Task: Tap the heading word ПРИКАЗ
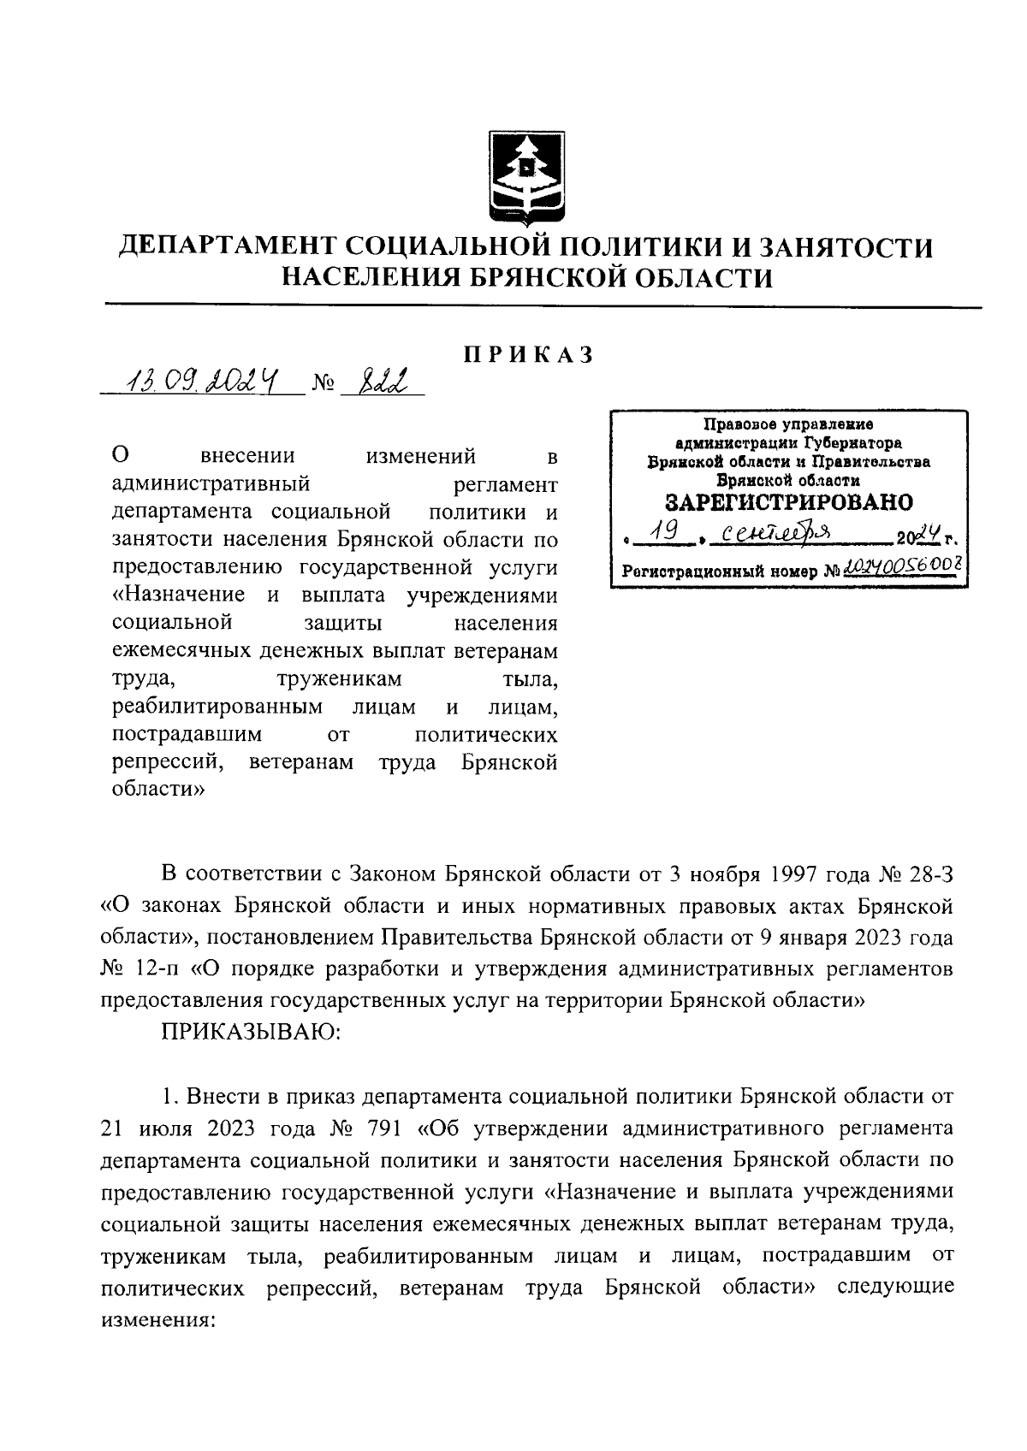(528, 355)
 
